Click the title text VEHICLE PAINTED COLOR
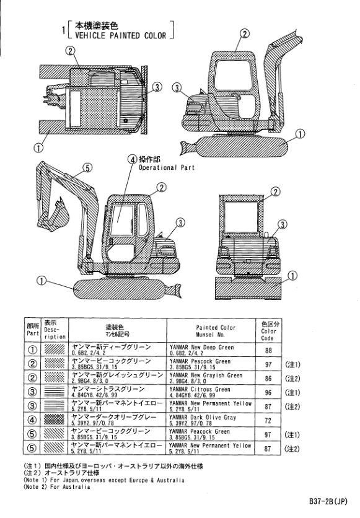121,35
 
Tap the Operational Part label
167,167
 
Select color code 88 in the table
268,350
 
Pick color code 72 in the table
268,421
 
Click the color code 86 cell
268,378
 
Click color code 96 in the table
268,392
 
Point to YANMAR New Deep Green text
201,347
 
